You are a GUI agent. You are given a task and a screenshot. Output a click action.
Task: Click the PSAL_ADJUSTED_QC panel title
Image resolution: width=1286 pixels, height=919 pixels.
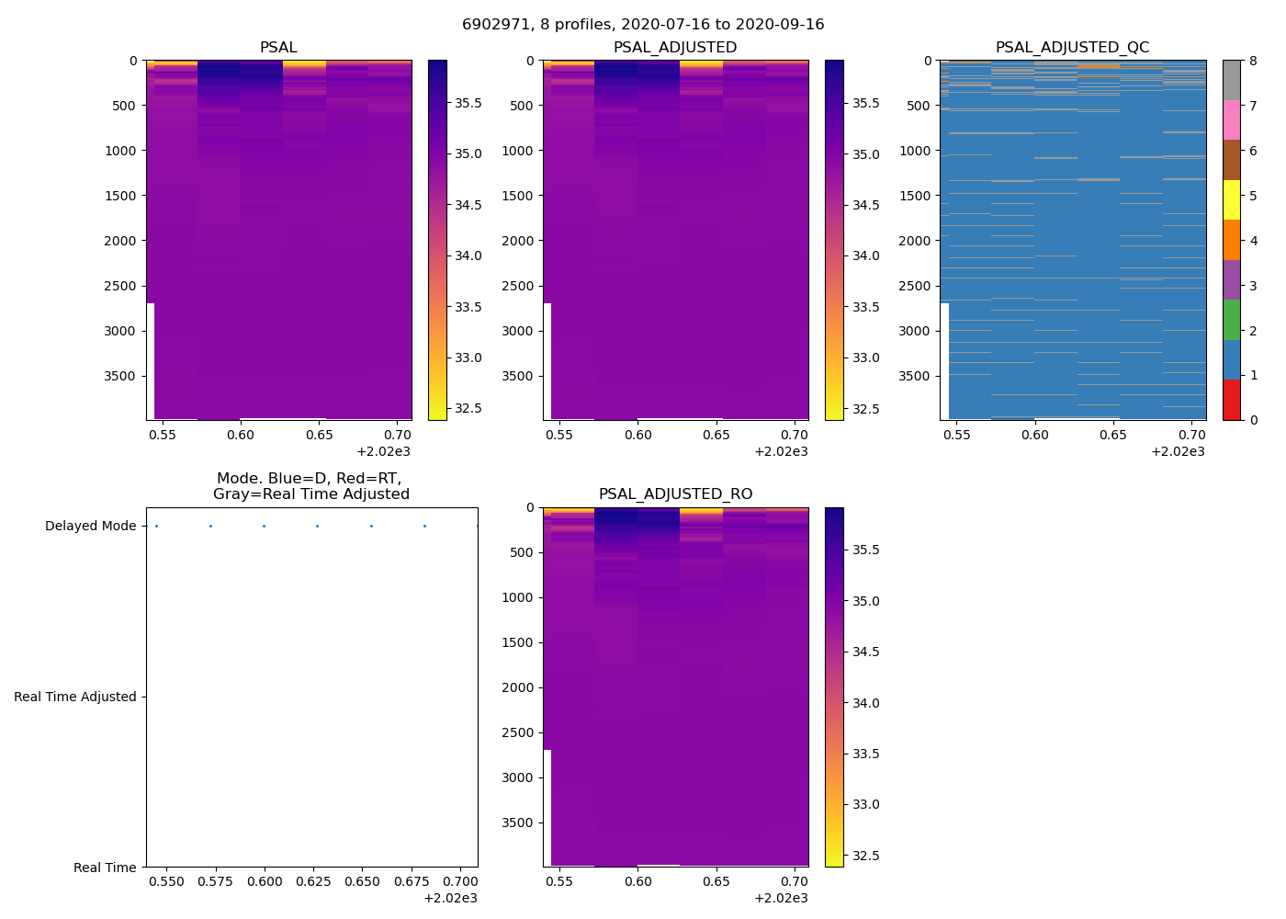(1072, 47)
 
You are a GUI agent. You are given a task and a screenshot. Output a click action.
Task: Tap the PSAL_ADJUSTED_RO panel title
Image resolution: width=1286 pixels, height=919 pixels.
(675, 494)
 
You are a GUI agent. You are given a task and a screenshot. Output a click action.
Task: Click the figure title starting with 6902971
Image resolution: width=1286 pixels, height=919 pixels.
(643, 25)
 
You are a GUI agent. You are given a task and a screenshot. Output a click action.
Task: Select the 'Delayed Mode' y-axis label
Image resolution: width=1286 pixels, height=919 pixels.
(90, 526)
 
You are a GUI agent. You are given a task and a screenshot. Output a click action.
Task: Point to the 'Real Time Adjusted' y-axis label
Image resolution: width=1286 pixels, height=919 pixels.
(75, 697)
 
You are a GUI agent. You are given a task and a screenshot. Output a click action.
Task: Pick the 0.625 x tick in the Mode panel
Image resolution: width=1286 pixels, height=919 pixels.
(317, 881)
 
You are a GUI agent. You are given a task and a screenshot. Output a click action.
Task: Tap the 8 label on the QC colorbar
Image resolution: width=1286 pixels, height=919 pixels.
(1254, 61)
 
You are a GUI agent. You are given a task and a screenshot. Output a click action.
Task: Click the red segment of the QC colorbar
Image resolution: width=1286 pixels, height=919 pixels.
(1231, 400)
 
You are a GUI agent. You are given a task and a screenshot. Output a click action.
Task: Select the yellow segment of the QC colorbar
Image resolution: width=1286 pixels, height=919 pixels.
(1231, 200)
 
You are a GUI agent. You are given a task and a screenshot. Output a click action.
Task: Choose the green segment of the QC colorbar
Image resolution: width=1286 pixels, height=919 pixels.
(1231, 320)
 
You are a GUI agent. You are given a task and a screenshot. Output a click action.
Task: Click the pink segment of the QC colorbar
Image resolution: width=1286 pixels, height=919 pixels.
(1231, 120)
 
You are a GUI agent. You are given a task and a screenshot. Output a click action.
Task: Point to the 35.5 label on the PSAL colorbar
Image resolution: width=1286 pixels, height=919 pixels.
(468, 103)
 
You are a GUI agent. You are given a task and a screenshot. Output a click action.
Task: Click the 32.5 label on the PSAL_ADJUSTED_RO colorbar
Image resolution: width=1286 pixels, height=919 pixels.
(865, 856)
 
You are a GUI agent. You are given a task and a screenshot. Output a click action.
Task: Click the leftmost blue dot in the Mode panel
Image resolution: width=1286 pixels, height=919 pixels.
(156, 526)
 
